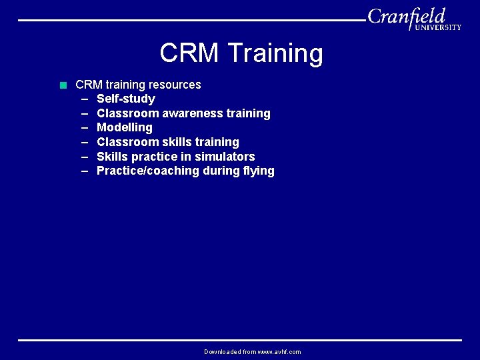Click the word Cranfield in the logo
coord(406,16)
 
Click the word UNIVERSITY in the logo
coord(437,27)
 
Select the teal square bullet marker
coord(63,85)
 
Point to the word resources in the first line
coord(175,85)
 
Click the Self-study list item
coord(126,99)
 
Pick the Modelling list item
coord(125,127)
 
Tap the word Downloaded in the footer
coord(223,352)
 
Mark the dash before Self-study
coord(85,99)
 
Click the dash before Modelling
coord(85,127)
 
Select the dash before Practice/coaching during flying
coord(85,171)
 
